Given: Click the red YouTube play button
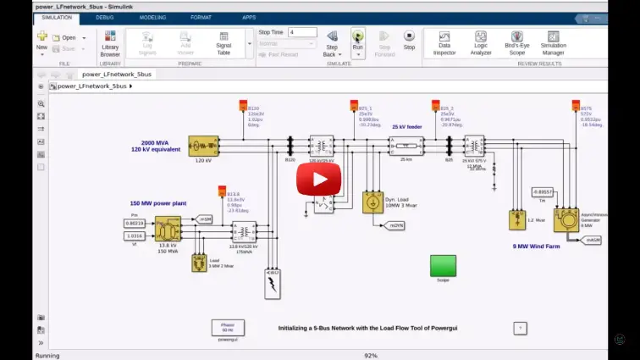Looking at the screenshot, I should [318, 180].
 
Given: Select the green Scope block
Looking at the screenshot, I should [443, 265].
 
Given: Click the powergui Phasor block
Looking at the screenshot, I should [227, 328].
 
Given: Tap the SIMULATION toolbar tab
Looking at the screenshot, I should [57, 17].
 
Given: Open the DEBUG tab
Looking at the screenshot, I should [105, 17].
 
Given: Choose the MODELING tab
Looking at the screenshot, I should [152, 17].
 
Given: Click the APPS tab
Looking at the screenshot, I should [249, 17].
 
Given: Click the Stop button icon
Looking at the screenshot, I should [409, 36].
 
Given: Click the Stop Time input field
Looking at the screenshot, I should [302, 32].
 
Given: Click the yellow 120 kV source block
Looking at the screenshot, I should [203, 147].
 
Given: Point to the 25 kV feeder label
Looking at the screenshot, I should [406, 126].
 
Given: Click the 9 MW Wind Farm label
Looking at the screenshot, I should [536, 246].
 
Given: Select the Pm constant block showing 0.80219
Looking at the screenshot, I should [135, 223].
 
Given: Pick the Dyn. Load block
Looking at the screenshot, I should [371, 202].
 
